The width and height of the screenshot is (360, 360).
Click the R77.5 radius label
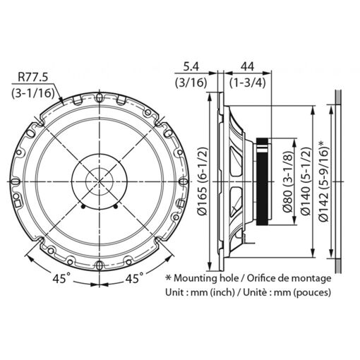click(33, 77)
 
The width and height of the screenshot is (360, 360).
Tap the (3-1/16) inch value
click(33, 93)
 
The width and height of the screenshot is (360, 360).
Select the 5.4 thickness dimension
click(191, 67)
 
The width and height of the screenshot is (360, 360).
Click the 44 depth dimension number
click(247, 67)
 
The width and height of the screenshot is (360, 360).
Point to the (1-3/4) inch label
click(248, 83)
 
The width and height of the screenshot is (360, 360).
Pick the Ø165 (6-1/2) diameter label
click(202, 181)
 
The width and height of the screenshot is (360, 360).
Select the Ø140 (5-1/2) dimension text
click(306, 181)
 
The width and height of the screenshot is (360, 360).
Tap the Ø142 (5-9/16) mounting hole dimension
click(323, 181)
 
